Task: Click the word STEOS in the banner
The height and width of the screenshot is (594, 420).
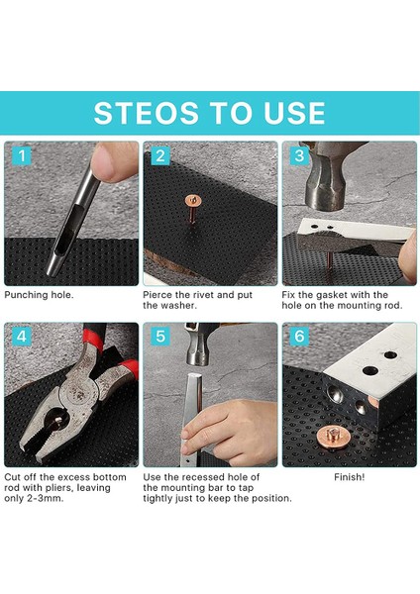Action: coord(146,113)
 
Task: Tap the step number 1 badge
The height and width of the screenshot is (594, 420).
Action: coord(22,155)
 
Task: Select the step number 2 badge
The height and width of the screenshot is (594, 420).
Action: coord(160,155)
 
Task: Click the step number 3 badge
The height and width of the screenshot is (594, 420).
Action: coord(299,155)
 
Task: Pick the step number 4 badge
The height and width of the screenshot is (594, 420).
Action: coord(22,337)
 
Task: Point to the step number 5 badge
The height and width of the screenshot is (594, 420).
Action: coord(160,337)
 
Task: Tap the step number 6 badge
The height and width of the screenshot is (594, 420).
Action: coord(299,337)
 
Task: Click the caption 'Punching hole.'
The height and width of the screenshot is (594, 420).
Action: coord(39,295)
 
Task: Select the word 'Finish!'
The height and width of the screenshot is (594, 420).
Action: coord(349,477)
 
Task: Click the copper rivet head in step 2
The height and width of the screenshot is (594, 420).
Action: coord(193,201)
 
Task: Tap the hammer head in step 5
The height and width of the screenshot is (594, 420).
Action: coord(198,345)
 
